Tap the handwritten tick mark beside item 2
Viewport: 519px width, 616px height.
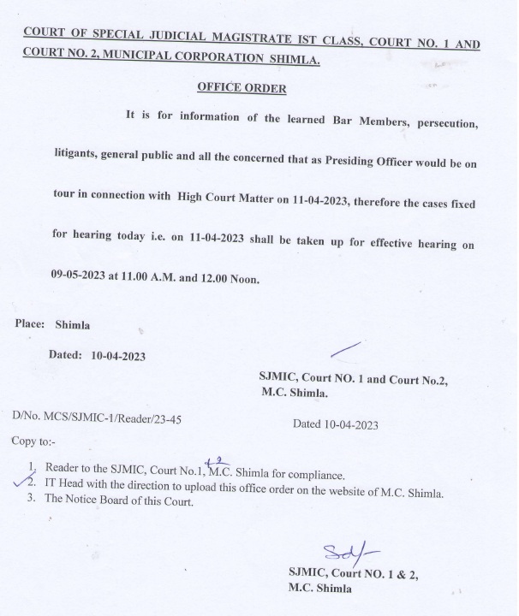pos(21,484)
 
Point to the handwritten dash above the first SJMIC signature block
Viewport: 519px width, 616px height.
pos(345,350)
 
